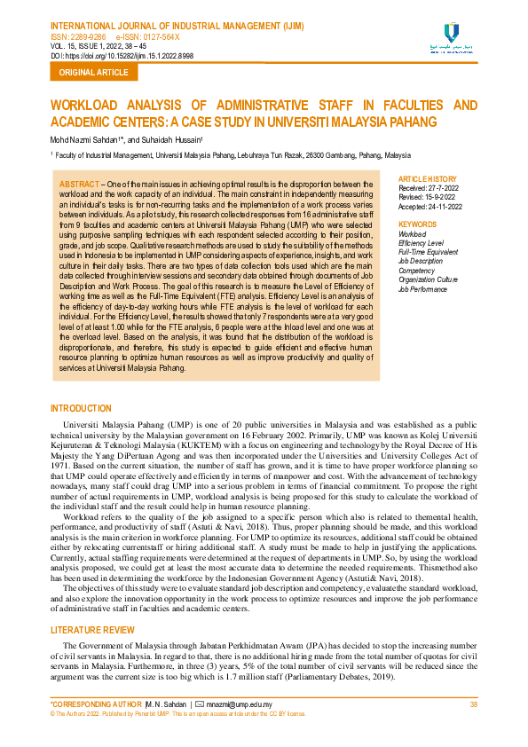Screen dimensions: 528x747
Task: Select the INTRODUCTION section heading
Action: point(82,408)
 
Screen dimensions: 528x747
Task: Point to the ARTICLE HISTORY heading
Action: point(428,179)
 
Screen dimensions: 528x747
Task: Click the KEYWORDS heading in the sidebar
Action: point(418,224)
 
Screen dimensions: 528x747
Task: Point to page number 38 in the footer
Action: point(473,704)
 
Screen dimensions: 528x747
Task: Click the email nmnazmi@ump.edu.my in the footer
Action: point(240,704)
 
